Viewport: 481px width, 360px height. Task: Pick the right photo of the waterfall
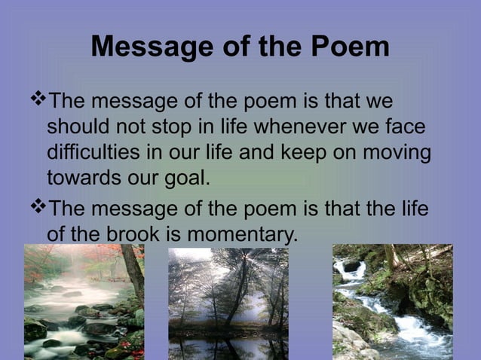pyautogui.click(x=392, y=301)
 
